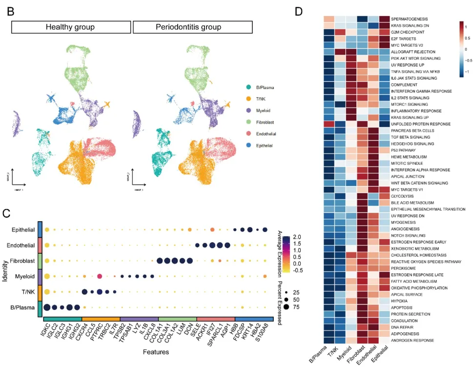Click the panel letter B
11,11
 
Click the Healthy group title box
70,27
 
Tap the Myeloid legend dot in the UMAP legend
249,110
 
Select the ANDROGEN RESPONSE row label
412,340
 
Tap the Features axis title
156,351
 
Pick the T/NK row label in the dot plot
28,292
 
